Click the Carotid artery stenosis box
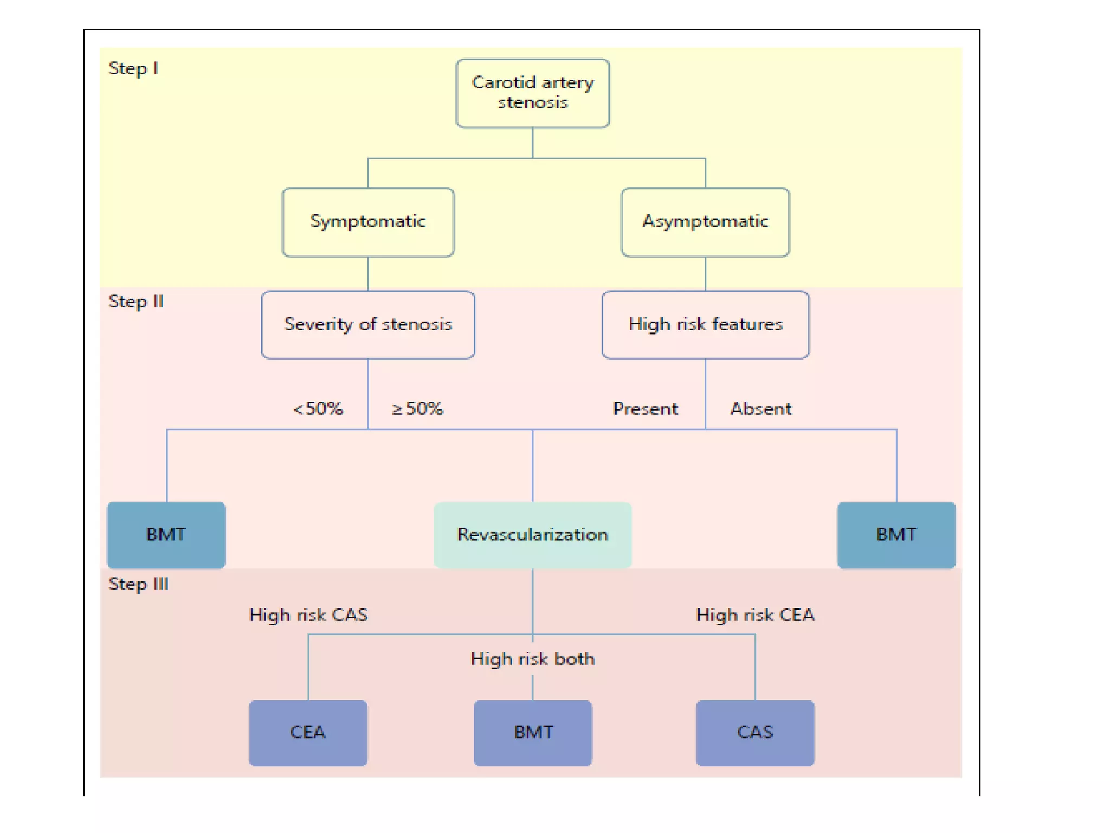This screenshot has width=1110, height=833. click(x=532, y=93)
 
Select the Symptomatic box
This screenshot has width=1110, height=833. click(x=368, y=222)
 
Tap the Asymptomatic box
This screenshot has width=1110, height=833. click(x=705, y=222)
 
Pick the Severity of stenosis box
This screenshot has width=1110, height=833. click(x=368, y=324)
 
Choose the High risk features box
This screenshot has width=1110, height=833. click(x=705, y=324)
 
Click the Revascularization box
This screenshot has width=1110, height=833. click(x=532, y=535)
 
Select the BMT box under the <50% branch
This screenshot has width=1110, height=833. click(x=166, y=535)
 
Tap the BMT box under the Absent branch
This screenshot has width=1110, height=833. click(x=896, y=535)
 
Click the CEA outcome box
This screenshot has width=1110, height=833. click(x=308, y=733)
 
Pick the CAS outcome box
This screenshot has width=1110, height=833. click(x=755, y=733)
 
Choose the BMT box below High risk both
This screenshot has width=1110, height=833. click(x=533, y=733)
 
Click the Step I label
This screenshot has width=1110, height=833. click(x=133, y=69)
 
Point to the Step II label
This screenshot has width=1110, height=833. click(x=136, y=302)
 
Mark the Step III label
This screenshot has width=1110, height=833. click(x=139, y=584)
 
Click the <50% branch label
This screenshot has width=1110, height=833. click(x=318, y=408)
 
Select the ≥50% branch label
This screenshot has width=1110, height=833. click(x=417, y=408)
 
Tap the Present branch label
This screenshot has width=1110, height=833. click(x=645, y=408)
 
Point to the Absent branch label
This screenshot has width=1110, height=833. click(x=761, y=408)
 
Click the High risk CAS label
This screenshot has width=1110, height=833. click(x=308, y=614)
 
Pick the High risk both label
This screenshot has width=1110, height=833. click(x=533, y=658)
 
